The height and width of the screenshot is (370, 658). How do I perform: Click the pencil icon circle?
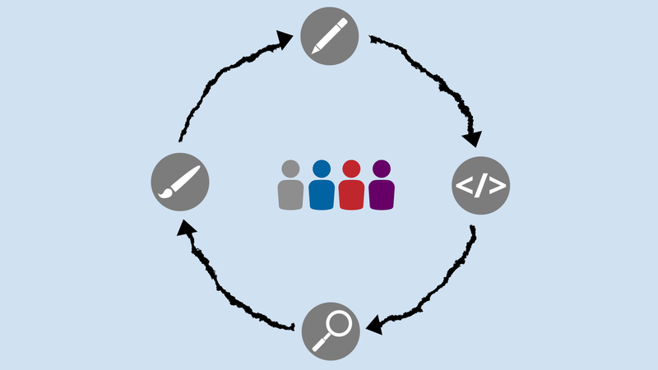[x=330, y=34]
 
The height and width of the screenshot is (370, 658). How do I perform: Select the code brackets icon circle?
[x=481, y=185]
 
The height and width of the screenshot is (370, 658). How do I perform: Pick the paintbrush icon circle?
[x=180, y=180]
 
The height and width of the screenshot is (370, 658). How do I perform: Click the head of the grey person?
[x=290, y=169]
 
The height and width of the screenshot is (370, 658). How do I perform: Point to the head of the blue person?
[x=321, y=169]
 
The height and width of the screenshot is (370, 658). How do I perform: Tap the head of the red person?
[x=351, y=169]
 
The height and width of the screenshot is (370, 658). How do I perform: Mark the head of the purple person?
[x=381, y=169]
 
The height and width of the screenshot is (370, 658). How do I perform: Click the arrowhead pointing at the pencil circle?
[x=285, y=40]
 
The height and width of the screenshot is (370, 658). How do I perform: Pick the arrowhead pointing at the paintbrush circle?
[x=187, y=228]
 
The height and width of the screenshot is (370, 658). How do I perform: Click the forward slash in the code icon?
[x=481, y=186]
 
